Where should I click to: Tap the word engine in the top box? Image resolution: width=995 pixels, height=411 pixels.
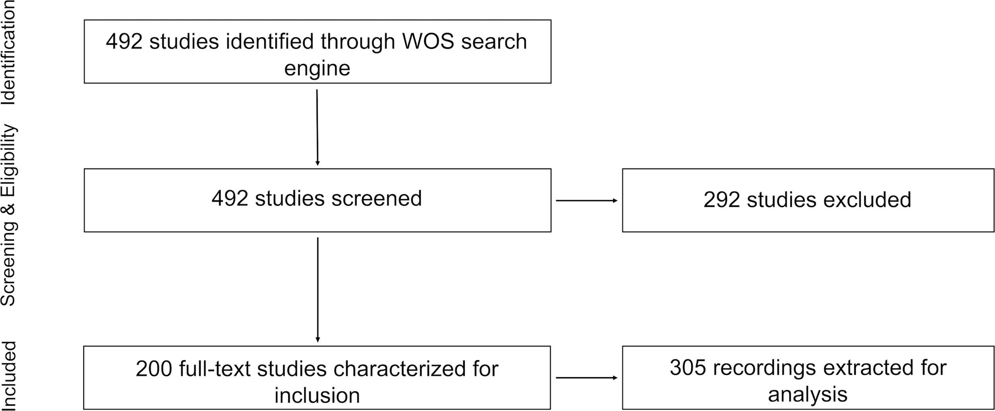317,68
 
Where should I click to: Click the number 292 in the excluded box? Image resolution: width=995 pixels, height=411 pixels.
722,200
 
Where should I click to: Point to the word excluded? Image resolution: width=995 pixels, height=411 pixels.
867,200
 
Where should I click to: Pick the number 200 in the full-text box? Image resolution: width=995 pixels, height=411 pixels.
154,369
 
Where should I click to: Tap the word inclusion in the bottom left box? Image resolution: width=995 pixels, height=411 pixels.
317,395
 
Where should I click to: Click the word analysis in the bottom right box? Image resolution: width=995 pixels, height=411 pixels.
808,394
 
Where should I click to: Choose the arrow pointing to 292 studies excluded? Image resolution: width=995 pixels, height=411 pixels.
586,201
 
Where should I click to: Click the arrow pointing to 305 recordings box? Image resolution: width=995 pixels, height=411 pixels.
586,378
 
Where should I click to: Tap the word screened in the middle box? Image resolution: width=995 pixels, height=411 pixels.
376,198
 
